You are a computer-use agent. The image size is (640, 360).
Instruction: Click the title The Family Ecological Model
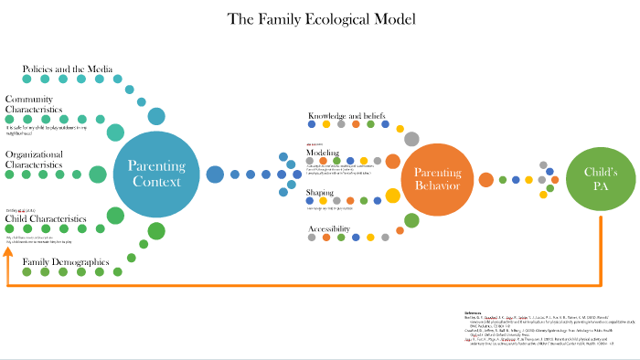click(x=319, y=19)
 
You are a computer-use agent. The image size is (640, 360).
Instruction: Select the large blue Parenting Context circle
click(x=156, y=174)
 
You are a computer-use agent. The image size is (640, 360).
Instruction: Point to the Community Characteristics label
click(x=34, y=104)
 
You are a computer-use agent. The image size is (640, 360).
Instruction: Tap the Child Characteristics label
click(x=46, y=219)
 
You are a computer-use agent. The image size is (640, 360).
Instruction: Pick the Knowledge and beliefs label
click(x=347, y=116)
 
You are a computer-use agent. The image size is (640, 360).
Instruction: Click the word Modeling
click(x=323, y=153)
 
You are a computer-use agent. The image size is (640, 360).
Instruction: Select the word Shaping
click(x=320, y=193)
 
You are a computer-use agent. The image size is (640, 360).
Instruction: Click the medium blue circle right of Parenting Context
click(x=216, y=174)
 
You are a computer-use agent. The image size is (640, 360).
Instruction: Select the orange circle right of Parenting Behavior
click(x=485, y=179)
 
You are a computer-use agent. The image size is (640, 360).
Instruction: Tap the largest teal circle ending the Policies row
click(x=156, y=116)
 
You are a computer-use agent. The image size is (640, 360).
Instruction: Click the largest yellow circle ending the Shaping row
click(x=392, y=195)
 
